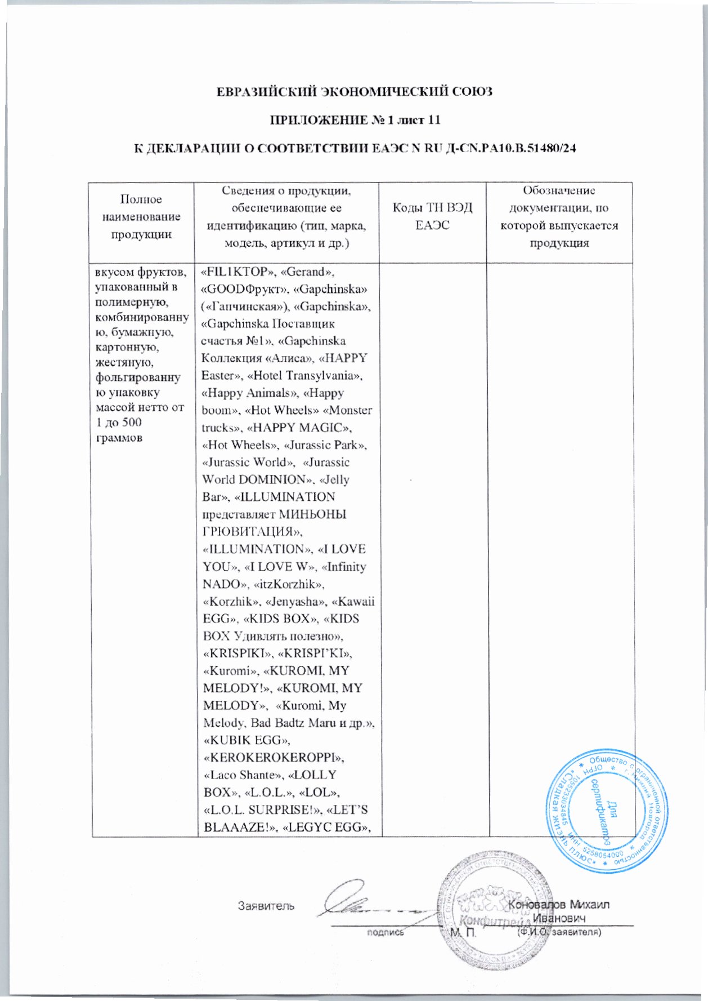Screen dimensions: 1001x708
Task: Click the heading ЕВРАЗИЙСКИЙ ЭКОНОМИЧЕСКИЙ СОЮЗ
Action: [355, 91]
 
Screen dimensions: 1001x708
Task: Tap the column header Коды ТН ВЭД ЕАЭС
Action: [432, 216]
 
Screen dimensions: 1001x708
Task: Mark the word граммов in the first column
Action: [119, 438]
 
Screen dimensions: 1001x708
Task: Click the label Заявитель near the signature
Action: [266, 906]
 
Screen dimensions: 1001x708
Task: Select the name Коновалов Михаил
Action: [559, 905]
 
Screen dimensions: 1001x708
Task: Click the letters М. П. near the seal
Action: [463, 932]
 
